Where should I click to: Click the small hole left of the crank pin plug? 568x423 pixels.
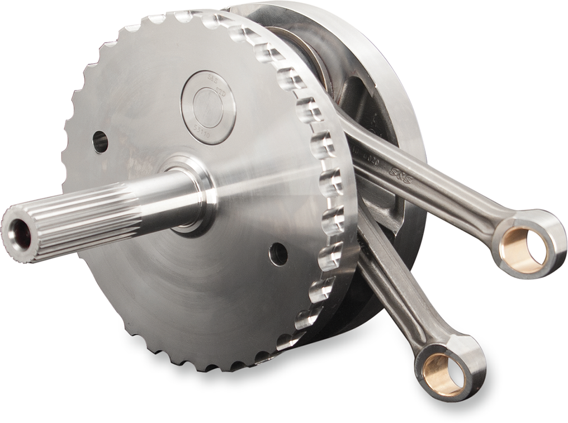point(100,142)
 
